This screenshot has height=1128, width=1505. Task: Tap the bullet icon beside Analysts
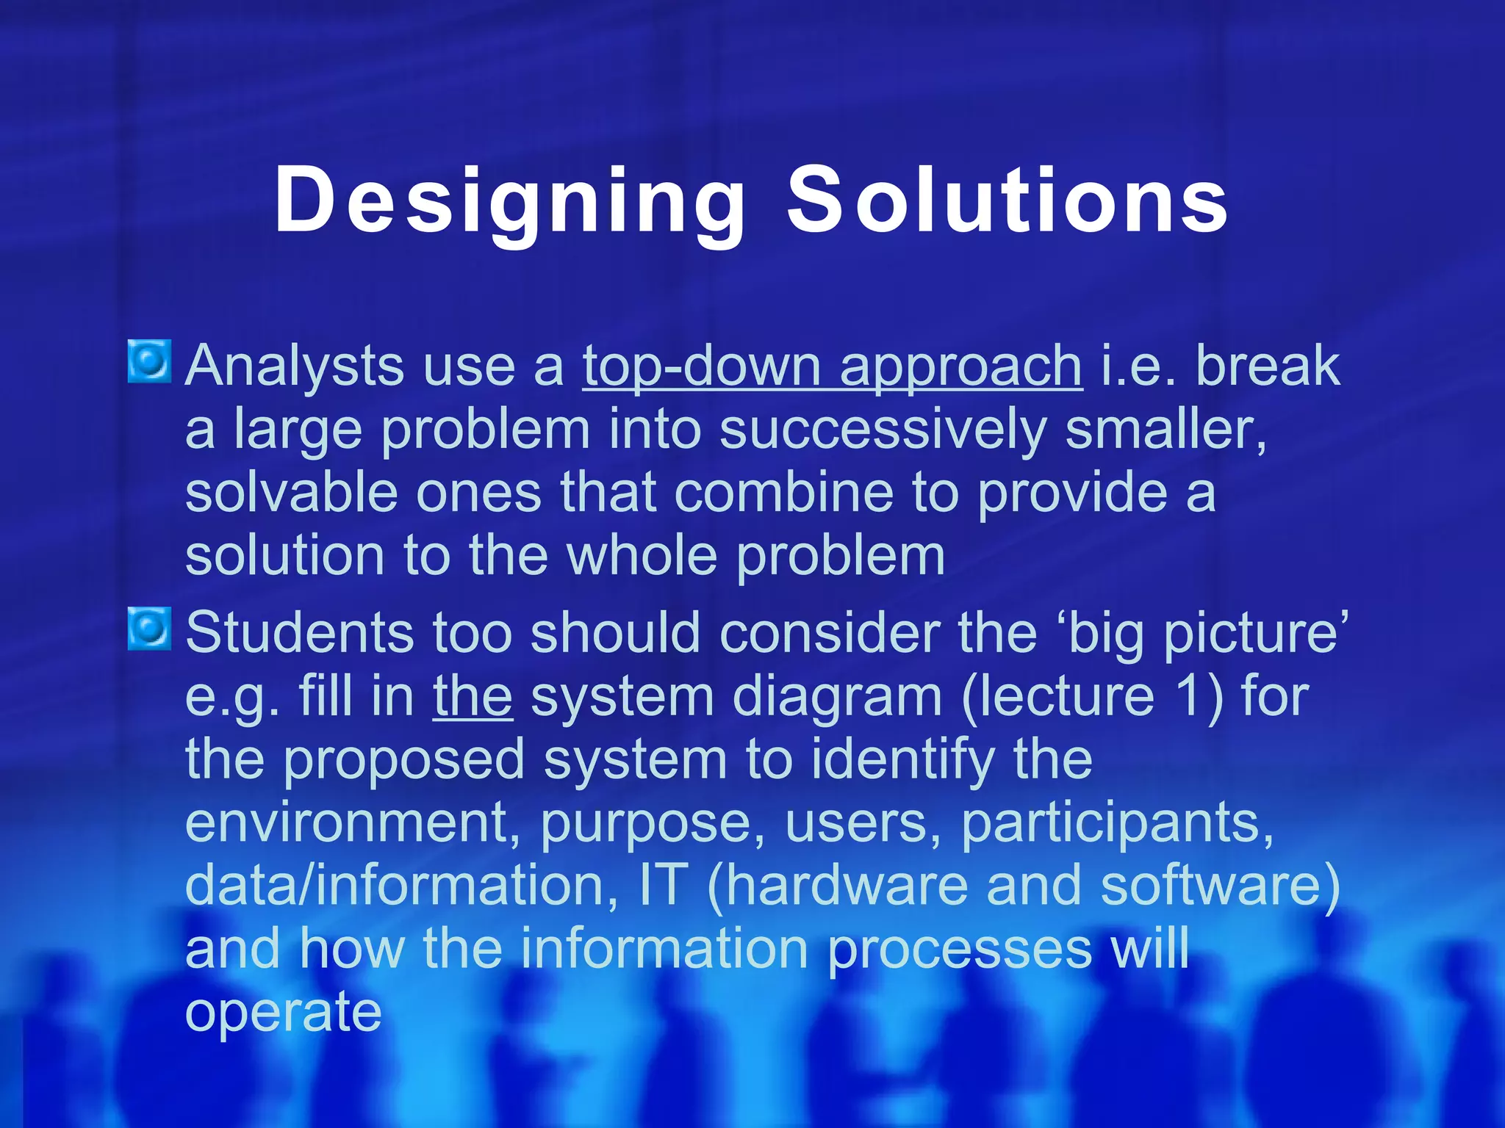coord(150,361)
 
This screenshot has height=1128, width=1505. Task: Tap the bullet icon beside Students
coord(150,629)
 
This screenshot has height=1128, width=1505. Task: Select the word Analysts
coord(294,366)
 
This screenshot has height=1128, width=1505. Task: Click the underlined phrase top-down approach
coord(832,366)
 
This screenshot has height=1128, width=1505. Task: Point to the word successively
coord(882,430)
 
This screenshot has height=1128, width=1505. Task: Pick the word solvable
coord(291,493)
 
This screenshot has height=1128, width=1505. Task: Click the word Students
coord(299,633)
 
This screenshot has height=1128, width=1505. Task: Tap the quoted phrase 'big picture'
coord(1207,633)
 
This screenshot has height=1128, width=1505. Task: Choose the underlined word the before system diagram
coord(473,696)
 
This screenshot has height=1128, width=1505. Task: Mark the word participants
coord(1116,822)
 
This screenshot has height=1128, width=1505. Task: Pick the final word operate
coord(283,1012)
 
